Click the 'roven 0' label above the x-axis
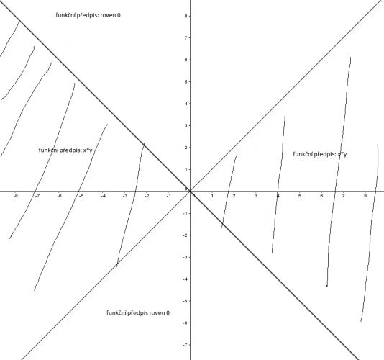coord(111,15)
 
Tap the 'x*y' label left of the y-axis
coord(88,150)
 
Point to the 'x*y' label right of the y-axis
coord(342,154)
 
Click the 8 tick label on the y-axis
coord(186,16)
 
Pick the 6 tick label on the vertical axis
coord(186,60)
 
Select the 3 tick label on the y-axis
coord(186,125)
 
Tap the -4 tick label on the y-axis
coord(185,279)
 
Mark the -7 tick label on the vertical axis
coord(185,345)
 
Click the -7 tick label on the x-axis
coord(37,196)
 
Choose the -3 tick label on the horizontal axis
coord(125,196)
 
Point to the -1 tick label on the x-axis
coord(169,196)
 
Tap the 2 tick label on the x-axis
coord(234,196)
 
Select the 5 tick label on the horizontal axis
coord(300,196)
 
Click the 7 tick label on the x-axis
coord(343,196)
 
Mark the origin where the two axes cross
coord(191,191)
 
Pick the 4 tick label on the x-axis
coord(278,196)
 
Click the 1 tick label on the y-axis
coord(186,169)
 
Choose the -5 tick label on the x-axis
coord(81,196)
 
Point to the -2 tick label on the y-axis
coord(185,235)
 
